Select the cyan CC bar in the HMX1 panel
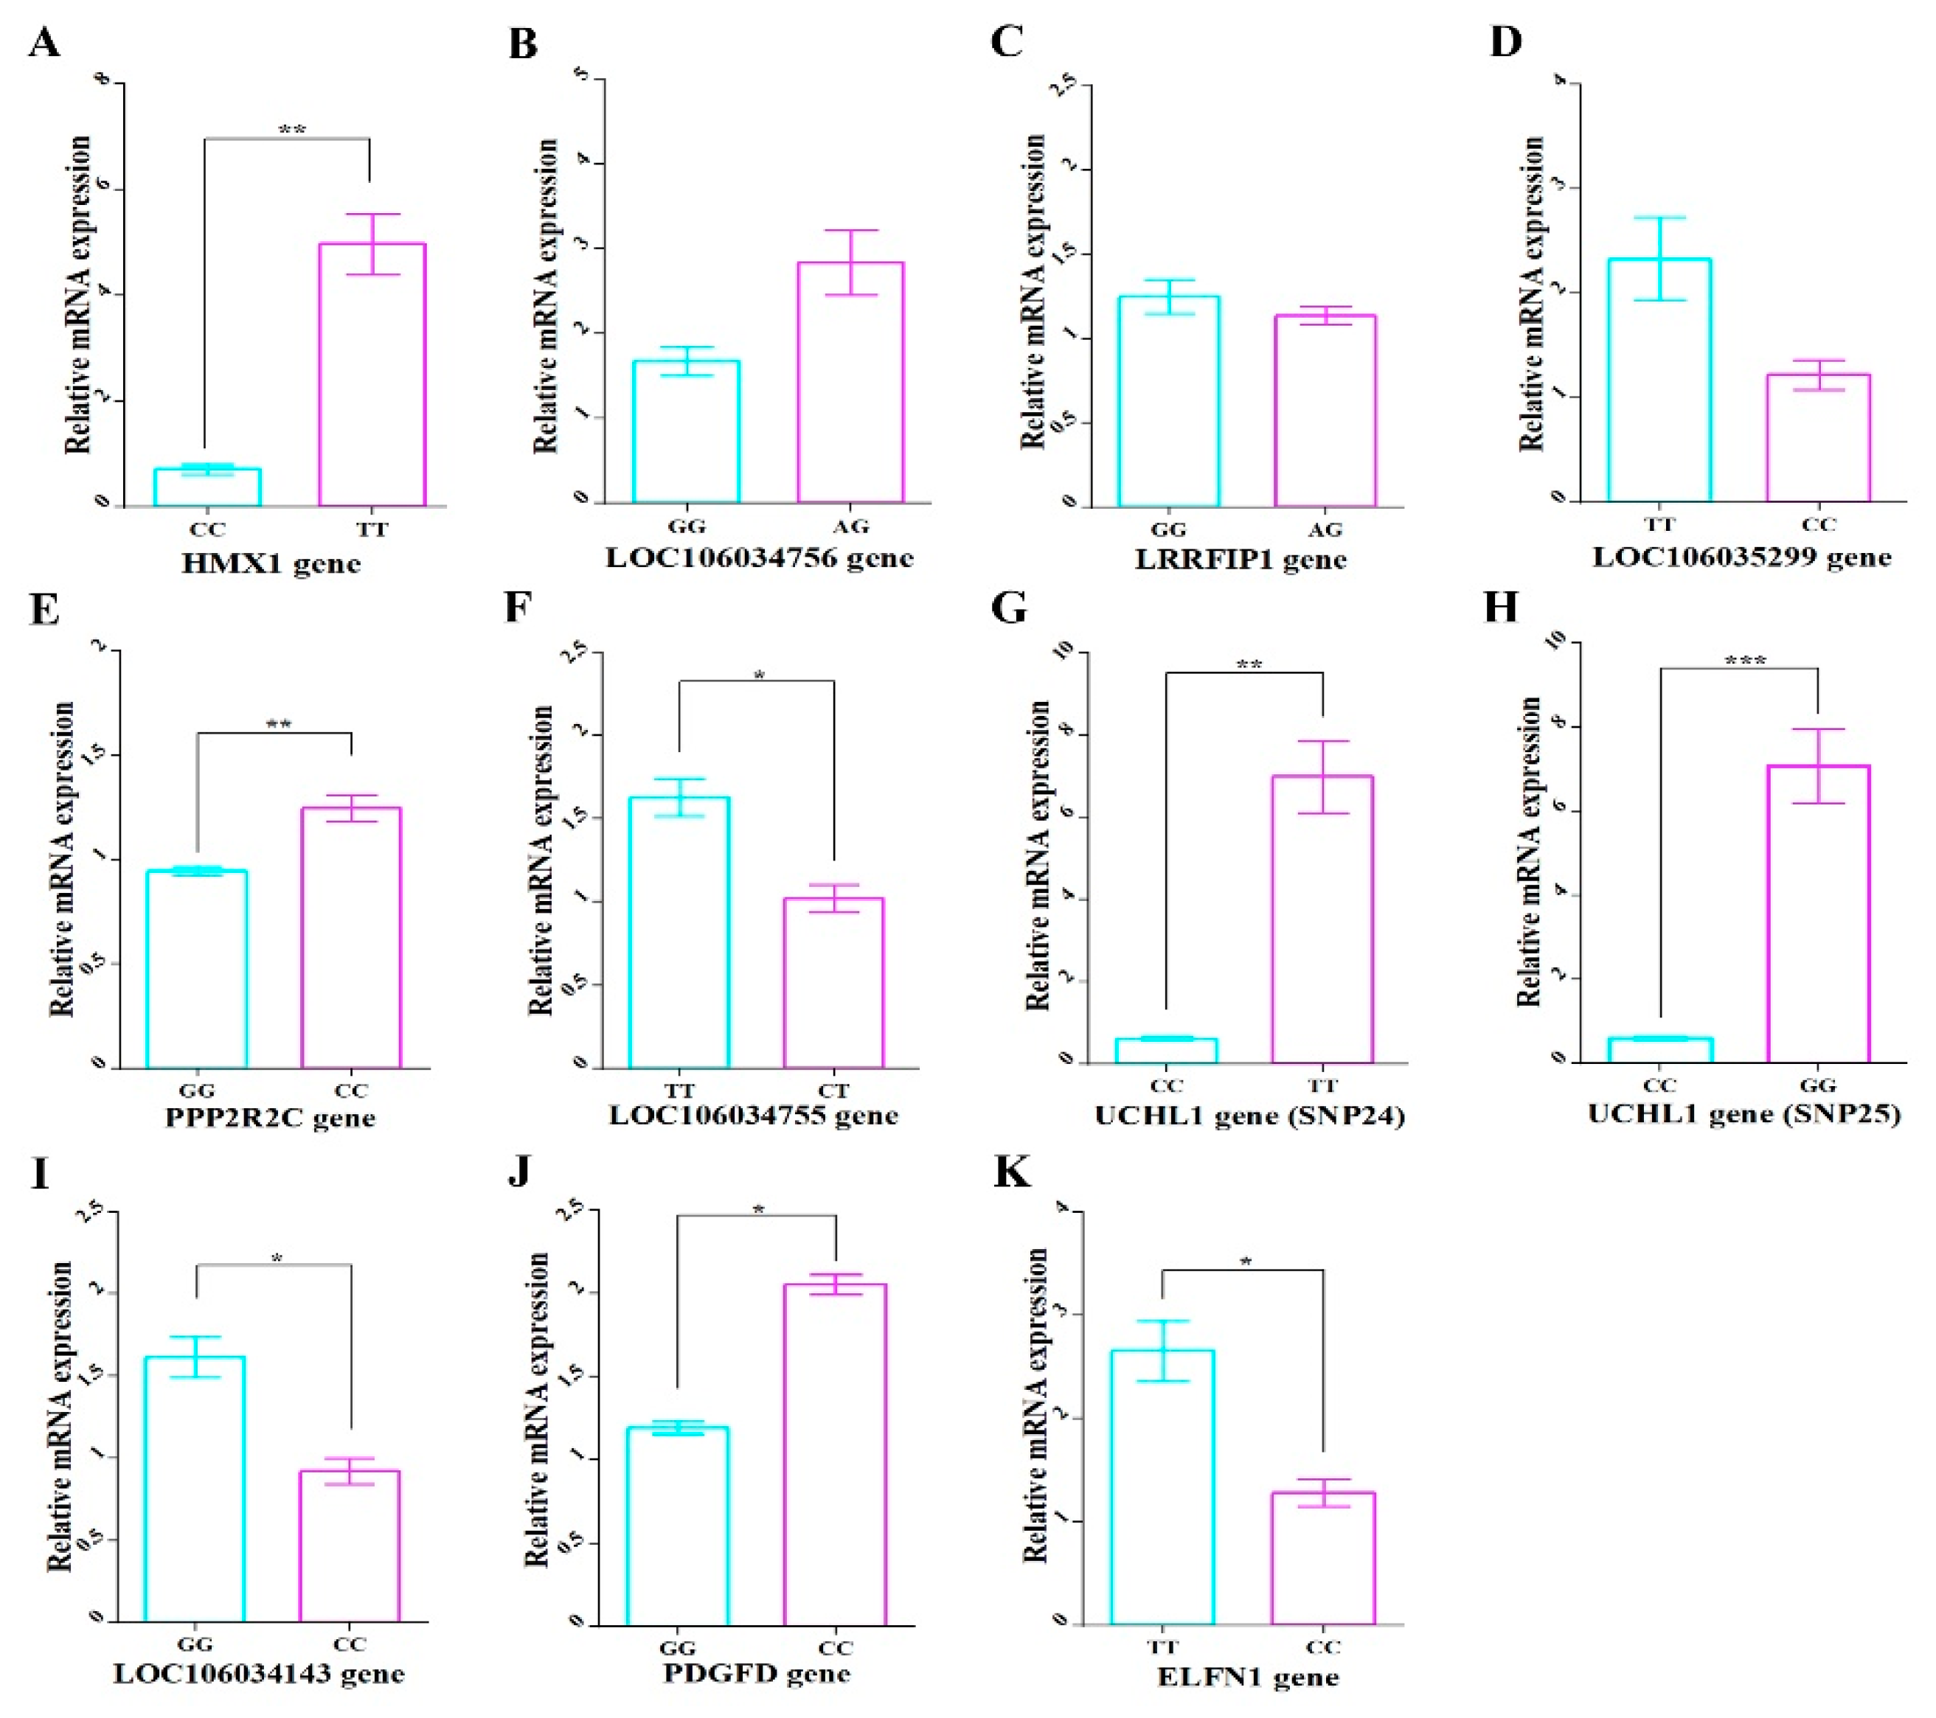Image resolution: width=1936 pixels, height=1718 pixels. [207, 487]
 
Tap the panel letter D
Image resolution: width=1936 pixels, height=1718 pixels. [1505, 43]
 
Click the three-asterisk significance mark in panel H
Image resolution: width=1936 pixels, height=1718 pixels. [1745, 660]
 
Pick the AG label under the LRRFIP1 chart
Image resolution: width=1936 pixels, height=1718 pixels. [1324, 529]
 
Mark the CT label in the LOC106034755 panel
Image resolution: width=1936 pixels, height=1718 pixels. [833, 1090]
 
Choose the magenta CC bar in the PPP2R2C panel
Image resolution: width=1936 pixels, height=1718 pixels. [350, 938]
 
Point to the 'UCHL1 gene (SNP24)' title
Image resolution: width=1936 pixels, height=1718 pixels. [1249, 1116]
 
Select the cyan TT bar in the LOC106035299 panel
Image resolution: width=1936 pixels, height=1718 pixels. [1659, 379]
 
